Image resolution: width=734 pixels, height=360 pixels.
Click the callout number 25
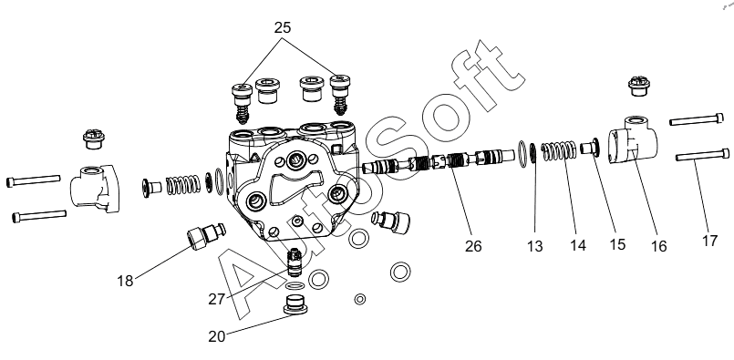coord(283,28)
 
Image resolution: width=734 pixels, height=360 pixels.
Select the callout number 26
coord(473,246)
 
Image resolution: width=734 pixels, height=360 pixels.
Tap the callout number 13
coord(534,246)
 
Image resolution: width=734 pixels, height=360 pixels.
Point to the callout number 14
coord(578,245)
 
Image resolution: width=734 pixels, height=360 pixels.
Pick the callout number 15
coord(617,244)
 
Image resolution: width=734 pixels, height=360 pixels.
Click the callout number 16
coord(658,246)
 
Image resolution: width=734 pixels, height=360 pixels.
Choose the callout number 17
coord(709,241)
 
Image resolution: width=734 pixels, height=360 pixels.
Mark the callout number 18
coord(125,281)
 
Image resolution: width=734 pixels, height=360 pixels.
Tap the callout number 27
coord(217,299)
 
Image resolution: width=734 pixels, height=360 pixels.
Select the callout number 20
coord(217,336)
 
